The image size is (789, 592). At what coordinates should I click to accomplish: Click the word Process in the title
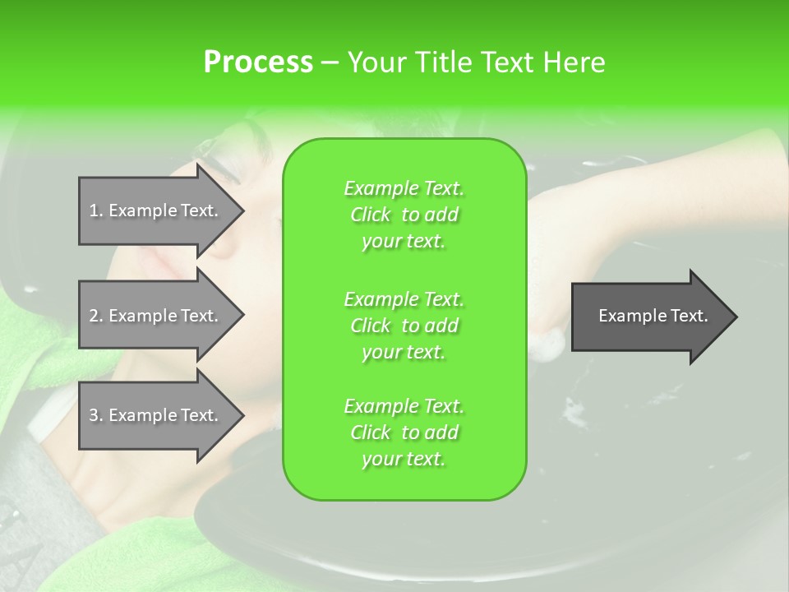(x=258, y=62)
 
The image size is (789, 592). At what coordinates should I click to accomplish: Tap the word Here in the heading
(x=574, y=62)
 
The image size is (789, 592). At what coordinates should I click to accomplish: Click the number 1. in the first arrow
(x=96, y=210)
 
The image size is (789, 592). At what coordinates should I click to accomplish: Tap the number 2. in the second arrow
(x=96, y=316)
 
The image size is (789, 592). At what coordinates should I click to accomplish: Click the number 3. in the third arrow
(x=96, y=415)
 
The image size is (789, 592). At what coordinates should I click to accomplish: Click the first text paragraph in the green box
(x=404, y=215)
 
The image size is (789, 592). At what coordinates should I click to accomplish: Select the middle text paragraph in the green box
(x=404, y=326)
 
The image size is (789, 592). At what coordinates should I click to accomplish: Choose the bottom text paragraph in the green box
(x=404, y=432)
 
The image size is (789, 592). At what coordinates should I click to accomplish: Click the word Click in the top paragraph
(x=371, y=215)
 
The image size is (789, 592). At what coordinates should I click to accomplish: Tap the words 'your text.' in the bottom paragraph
(x=404, y=460)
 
